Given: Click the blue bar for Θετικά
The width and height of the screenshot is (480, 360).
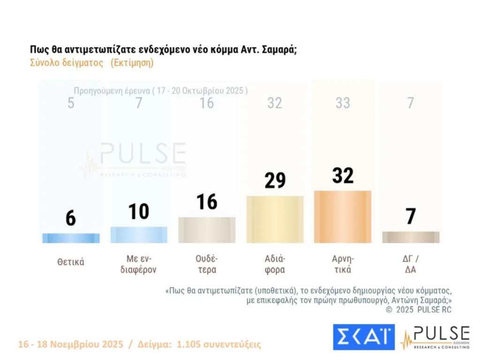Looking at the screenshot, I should pos(71,238).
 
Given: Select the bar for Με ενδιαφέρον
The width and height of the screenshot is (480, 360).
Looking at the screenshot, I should pos(139,235).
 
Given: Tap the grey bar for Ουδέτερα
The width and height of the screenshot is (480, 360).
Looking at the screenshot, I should pos(207,230).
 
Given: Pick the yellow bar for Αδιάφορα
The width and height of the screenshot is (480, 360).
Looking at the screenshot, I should pos(275,219).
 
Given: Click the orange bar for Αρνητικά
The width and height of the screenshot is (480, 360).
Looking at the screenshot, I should pos(343,217).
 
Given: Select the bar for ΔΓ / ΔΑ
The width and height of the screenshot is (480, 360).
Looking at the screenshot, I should pos(411,237).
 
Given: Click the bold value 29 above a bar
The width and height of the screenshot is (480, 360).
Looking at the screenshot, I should pos(275,180).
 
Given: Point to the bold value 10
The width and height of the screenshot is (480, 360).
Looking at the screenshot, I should pos(139,212).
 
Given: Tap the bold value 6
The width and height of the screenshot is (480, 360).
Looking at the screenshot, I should pos(71,218).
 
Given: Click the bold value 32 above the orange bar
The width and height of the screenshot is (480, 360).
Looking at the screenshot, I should pos(343,175).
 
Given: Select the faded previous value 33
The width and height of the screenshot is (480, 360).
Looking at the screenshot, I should pos(343,103).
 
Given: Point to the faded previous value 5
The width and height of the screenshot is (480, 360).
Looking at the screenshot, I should pos(71,103).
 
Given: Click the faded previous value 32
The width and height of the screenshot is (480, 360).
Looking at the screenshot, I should pos(275,103).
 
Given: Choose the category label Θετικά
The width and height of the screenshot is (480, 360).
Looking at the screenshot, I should pos(71,262).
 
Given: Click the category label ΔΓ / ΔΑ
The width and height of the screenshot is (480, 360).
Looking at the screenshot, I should pos(411,264).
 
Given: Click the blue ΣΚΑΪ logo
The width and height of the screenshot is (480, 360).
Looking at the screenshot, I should pos(364,337).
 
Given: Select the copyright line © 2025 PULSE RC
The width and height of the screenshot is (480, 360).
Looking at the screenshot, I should pos(419,310).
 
